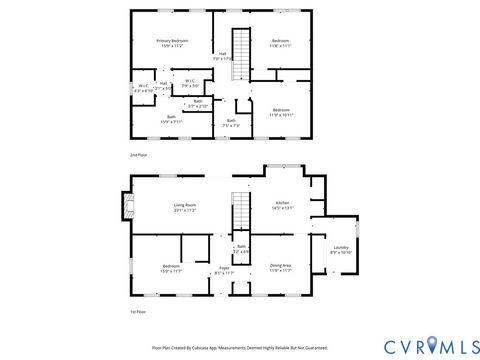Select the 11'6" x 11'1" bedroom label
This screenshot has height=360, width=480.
(x=279, y=43)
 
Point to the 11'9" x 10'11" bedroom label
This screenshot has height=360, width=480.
(x=281, y=112)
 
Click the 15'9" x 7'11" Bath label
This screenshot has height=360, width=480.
(x=171, y=118)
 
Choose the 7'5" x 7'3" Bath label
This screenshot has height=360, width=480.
(x=230, y=122)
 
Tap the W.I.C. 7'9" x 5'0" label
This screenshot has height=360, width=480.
(x=189, y=84)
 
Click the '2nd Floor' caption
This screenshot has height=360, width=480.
(x=139, y=157)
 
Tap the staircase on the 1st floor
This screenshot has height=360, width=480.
(x=239, y=212)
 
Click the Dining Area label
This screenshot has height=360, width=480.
(x=280, y=267)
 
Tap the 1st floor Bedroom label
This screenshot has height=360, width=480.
(x=171, y=268)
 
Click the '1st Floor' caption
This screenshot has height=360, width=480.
(x=139, y=312)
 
